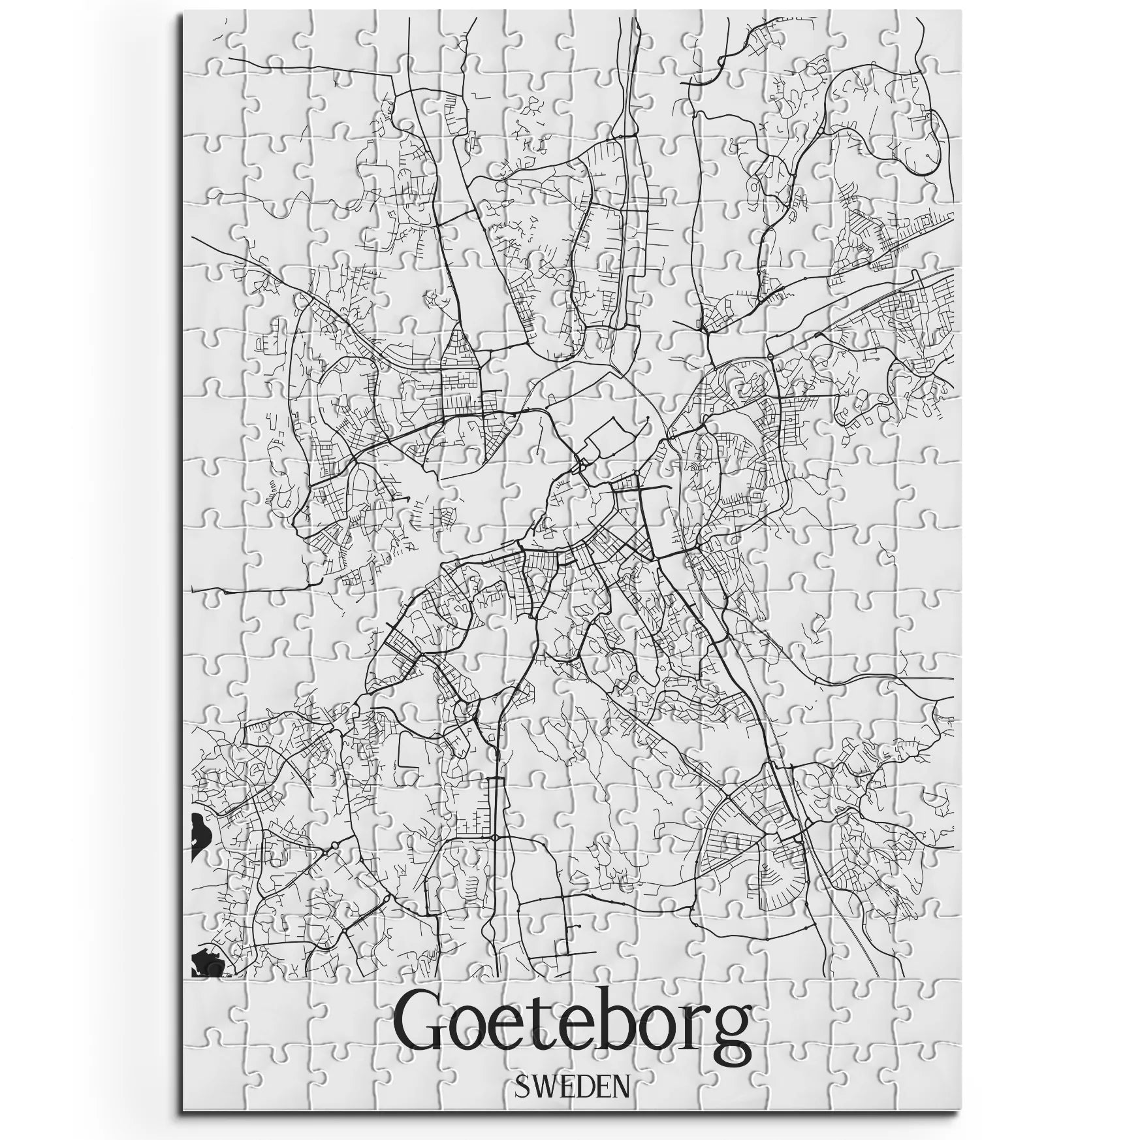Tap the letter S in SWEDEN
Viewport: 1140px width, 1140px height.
point(522,1085)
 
